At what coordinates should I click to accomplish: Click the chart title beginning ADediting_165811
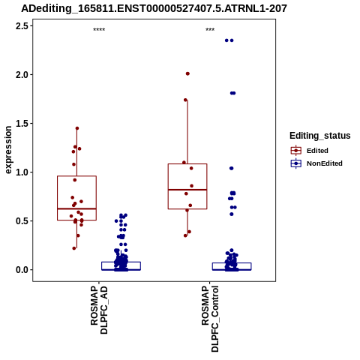pyautogui.click(x=154, y=8)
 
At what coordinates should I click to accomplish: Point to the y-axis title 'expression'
pyautogui.click(x=8, y=150)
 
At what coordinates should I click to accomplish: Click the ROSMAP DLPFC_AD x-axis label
pyautogui.click(x=99, y=310)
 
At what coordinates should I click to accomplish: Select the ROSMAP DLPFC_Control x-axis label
pyautogui.click(x=210, y=319)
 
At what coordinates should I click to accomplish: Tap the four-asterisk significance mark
pyautogui.click(x=99, y=30)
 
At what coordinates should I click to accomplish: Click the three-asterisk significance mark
pyautogui.click(x=210, y=30)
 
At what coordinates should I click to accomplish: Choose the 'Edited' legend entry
pyautogui.click(x=317, y=151)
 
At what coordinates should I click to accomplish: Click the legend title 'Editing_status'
pyautogui.click(x=320, y=136)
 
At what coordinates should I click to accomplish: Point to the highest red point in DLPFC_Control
pyautogui.click(x=187, y=73)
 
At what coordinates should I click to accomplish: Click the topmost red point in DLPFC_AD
pyautogui.click(x=77, y=128)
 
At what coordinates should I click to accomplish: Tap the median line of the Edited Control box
pyautogui.click(x=187, y=190)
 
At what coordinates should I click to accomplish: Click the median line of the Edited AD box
pyautogui.click(x=76, y=208)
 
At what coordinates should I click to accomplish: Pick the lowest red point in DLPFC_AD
pyautogui.click(x=74, y=248)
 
